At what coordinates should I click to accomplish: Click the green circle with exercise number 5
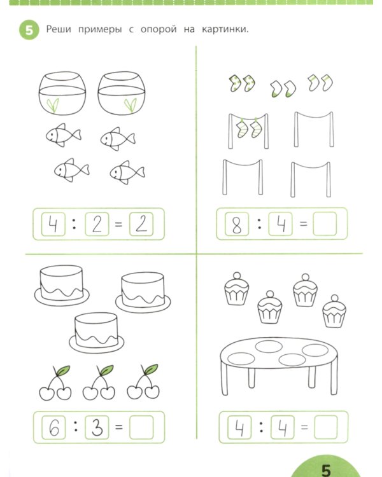click(29, 30)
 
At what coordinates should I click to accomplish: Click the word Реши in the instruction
click(59, 29)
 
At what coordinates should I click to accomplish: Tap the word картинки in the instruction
click(225, 29)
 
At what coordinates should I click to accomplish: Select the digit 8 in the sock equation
click(237, 225)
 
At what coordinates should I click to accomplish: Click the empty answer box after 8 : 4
click(325, 224)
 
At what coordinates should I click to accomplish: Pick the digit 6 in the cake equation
click(53, 428)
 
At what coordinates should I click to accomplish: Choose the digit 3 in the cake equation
click(97, 427)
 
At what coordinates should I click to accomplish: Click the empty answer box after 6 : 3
click(141, 427)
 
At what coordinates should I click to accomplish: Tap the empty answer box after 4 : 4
click(325, 427)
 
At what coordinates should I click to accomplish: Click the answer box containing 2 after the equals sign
click(141, 225)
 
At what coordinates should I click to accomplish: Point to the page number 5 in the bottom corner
click(326, 470)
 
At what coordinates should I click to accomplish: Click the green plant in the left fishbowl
click(53, 106)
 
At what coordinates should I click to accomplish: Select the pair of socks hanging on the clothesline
click(248, 128)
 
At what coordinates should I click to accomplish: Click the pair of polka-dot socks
click(242, 83)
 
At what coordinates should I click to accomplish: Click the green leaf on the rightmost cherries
click(151, 369)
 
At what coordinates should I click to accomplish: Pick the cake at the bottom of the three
click(96, 333)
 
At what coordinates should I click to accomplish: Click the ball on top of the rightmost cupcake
click(334, 298)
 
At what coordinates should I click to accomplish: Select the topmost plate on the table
click(269, 347)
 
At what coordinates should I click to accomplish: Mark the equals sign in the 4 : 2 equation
click(118, 225)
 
